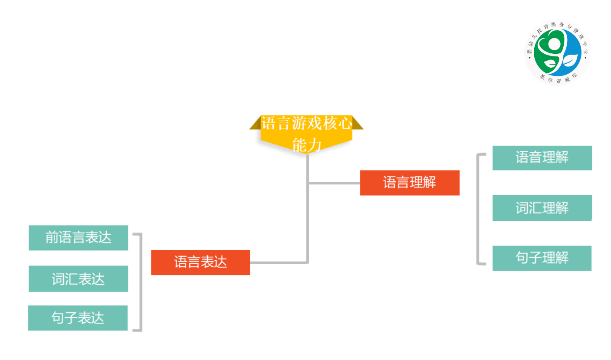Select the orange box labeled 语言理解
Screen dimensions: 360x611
pos(409,183)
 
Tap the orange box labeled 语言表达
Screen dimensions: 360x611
pos(200,262)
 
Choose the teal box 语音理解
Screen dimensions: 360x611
pos(542,157)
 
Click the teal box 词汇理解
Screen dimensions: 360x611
pos(542,208)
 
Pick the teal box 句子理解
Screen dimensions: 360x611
pos(542,258)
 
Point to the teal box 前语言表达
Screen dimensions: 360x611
pos(78,238)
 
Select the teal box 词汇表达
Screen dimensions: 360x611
pos(78,278)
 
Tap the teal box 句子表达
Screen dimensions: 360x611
pos(78,318)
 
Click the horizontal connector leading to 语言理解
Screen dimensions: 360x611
pos(334,183)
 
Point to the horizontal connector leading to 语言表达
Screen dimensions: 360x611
pos(278,262)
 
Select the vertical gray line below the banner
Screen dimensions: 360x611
pos(307,208)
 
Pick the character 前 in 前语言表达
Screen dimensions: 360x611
pos(52,238)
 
